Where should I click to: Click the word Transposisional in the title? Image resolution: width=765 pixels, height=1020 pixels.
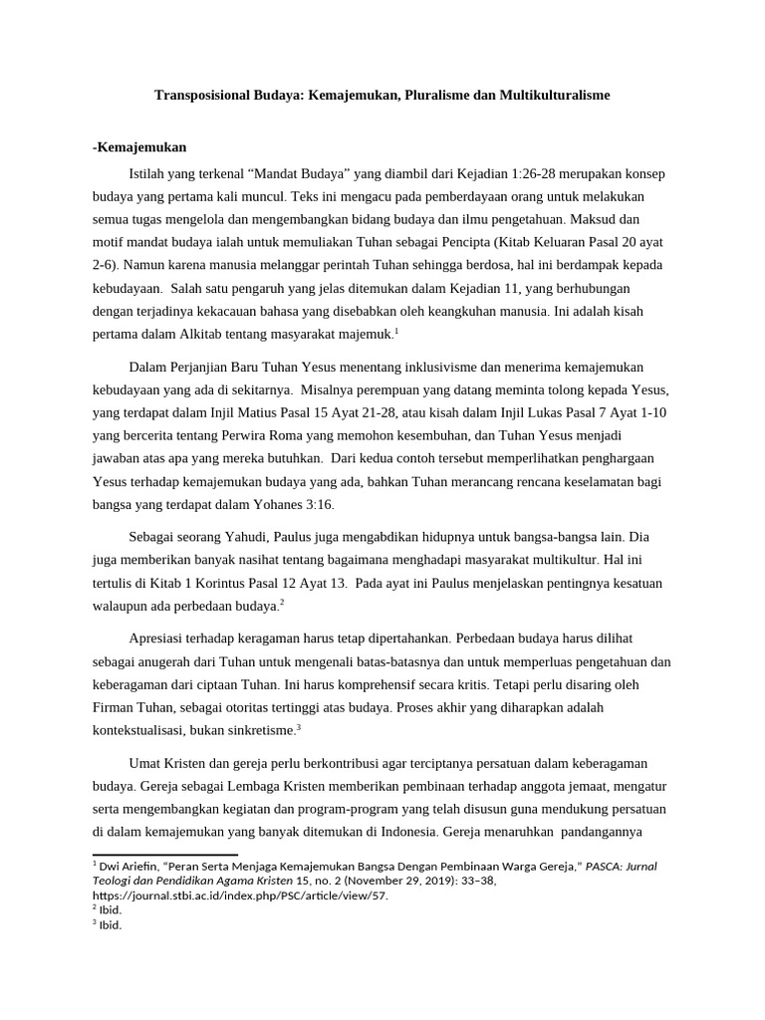(x=203, y=96)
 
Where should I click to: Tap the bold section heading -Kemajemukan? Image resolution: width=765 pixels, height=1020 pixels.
(x=139, y=147)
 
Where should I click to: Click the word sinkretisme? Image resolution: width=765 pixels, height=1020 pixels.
(x=262, y=730)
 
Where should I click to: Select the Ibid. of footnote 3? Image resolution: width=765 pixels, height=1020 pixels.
(x=110, y=924)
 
